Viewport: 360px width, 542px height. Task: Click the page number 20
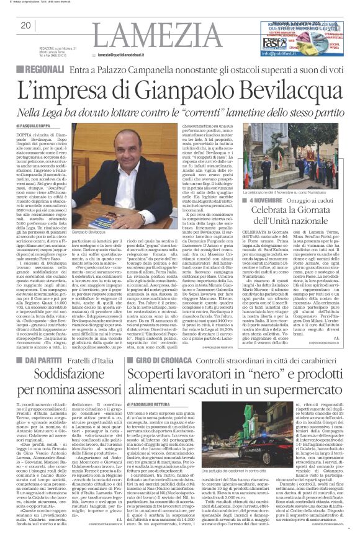click(25, 25)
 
